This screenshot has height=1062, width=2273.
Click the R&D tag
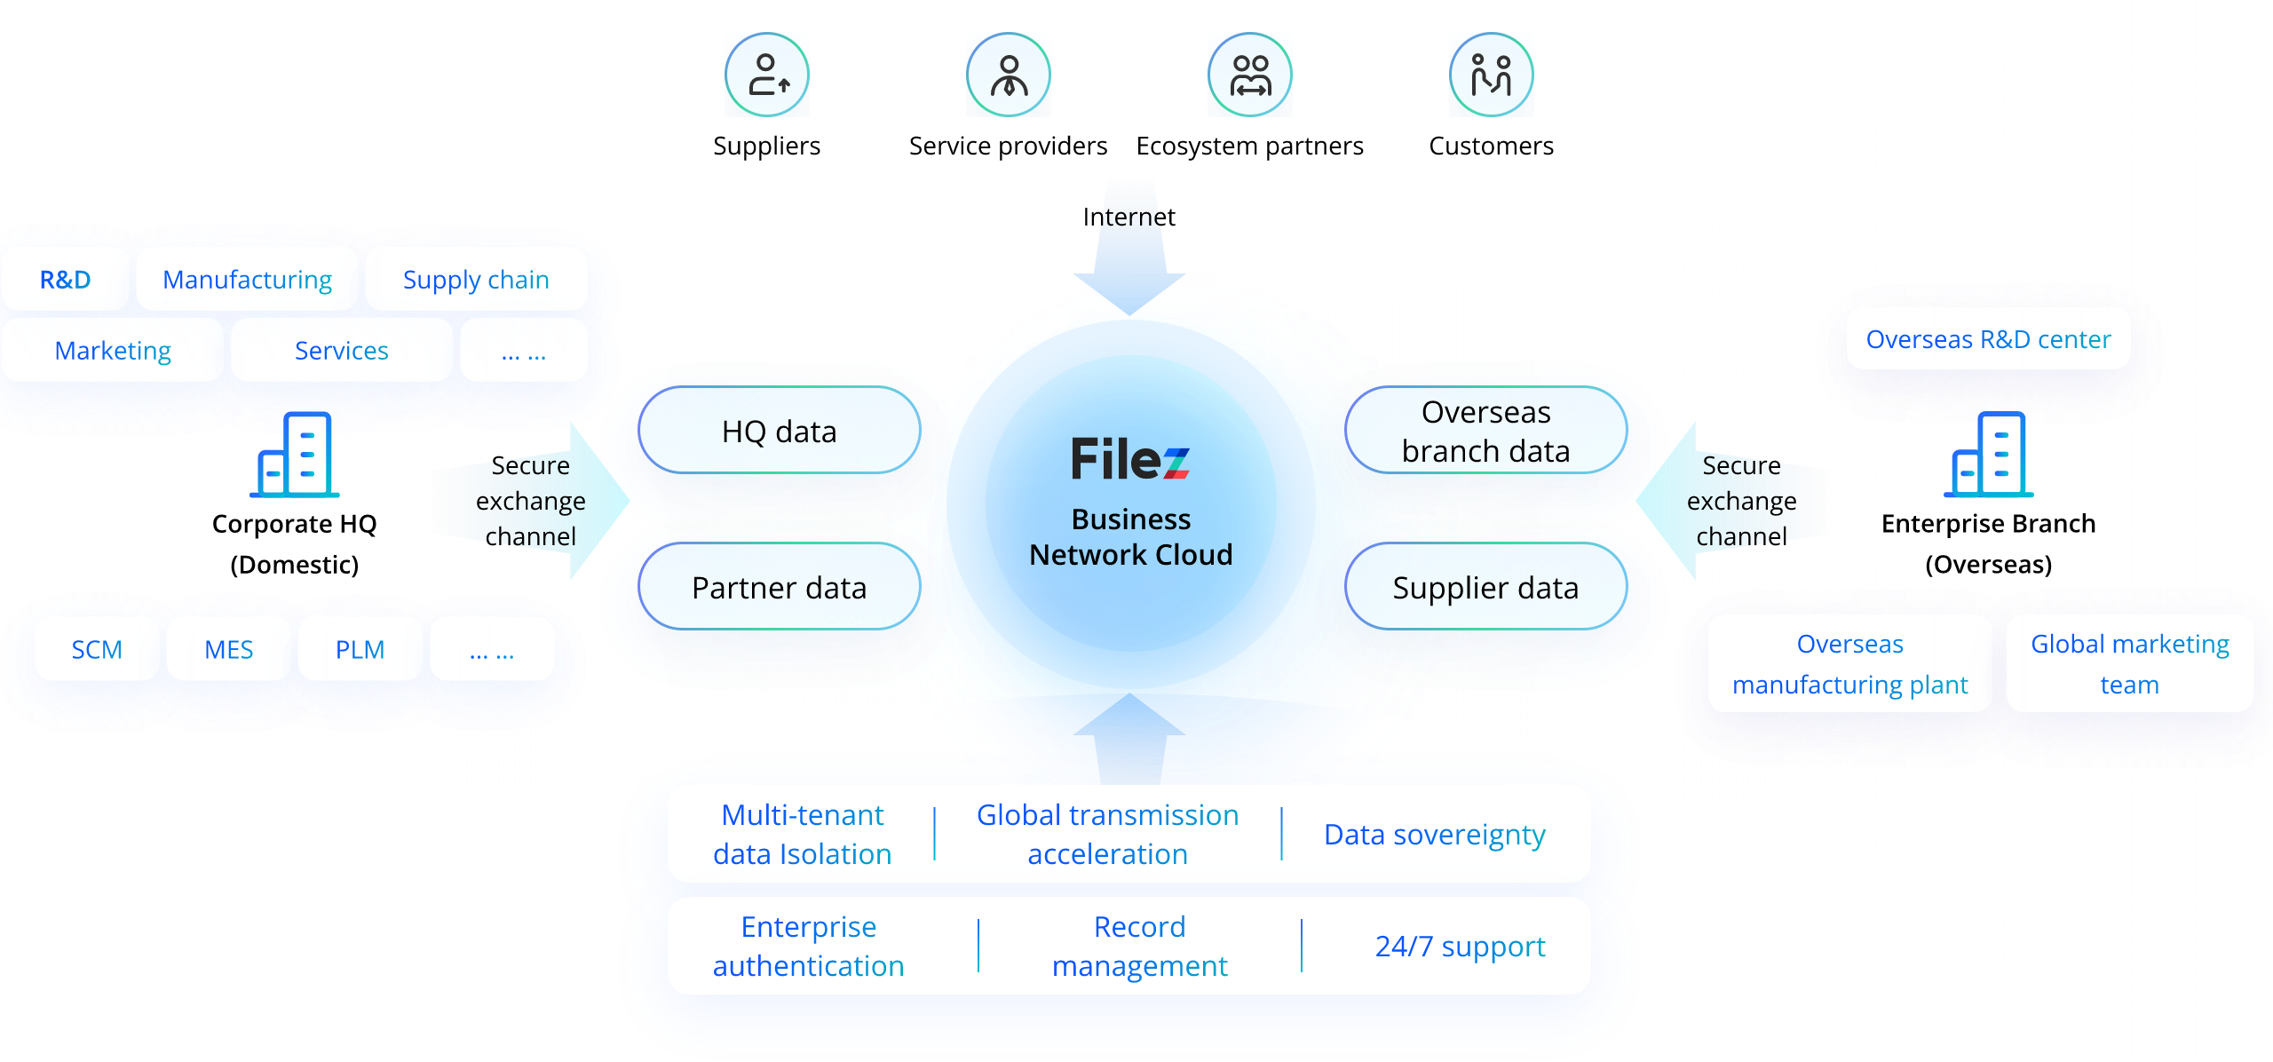[x=66, y=280]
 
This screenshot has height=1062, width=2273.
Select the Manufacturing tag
[x=247, y=280]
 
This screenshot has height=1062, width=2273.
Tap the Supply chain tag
[x=476, y=280]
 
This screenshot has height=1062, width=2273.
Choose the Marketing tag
[x=113, y=351]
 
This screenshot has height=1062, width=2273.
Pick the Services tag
[x=342, y=351]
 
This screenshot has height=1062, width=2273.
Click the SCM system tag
[x=97, y=649]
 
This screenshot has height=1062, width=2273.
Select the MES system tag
[x=229, y=649]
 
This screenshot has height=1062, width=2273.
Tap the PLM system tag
[x=360, y=649]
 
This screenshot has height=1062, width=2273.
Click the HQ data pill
[x=779, y=431]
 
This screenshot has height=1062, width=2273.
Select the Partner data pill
[x=779, y=587]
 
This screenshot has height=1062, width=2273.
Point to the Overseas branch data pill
[x=1485, y=431]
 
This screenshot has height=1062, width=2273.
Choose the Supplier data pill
[x=1485, y=587]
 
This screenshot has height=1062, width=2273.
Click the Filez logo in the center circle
[x=1130, y=459]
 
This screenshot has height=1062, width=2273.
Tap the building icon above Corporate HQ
[x=295, y=455]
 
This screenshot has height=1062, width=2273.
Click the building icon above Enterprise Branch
[x=1988, y=455]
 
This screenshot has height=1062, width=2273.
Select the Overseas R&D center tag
[x=1988, y=339]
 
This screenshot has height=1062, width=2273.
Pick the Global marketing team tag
[x=2129, y=663]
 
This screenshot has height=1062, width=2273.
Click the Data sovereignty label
[x=1434, y=835]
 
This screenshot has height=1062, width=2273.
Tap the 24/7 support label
[x=1460, y=947]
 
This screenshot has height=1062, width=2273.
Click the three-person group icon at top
[x=1250, y=75]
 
